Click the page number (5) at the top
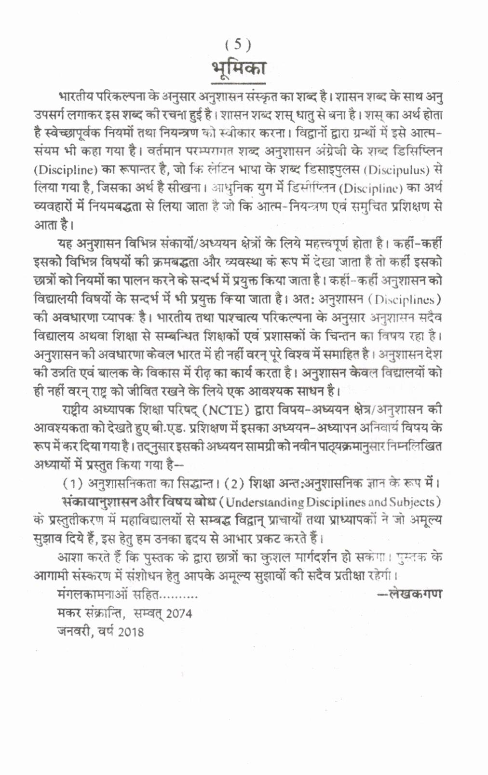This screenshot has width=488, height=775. coord(238,45)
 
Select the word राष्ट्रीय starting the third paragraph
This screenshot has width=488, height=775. coord(80,410)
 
